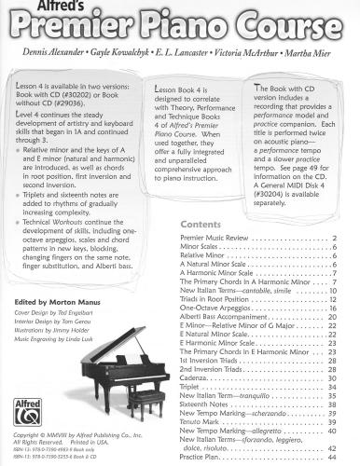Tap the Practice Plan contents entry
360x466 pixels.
pos(201,457)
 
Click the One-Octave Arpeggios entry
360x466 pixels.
pos(215,307)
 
